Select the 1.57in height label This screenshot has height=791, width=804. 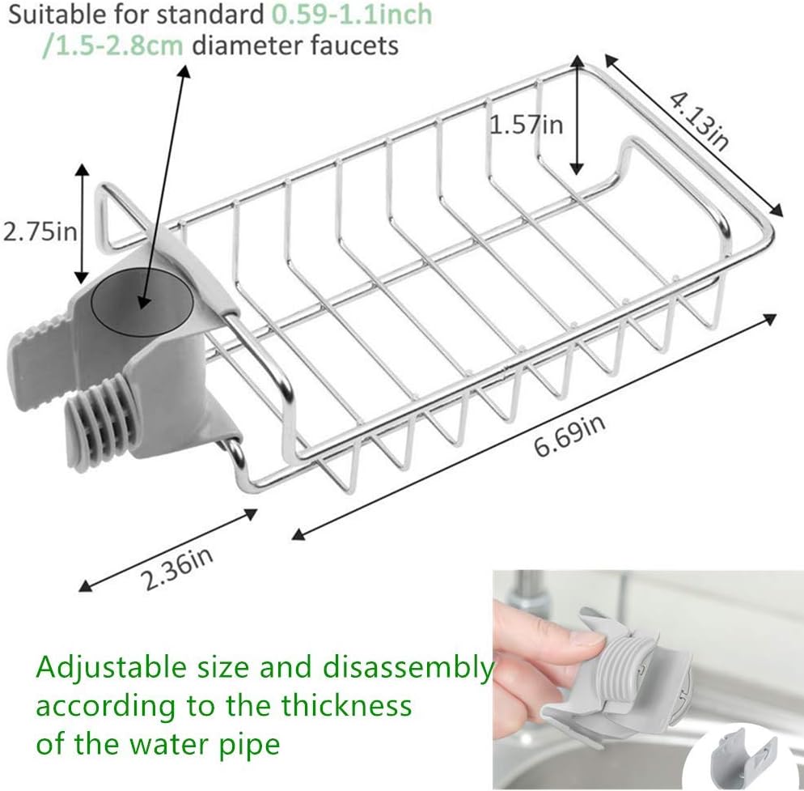pyautogui.click(x=527, y=125)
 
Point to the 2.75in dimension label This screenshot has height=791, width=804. pyautogui.click(x=38, y=232)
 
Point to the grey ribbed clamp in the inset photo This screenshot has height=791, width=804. pyautogui.click(x=623, y=672)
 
